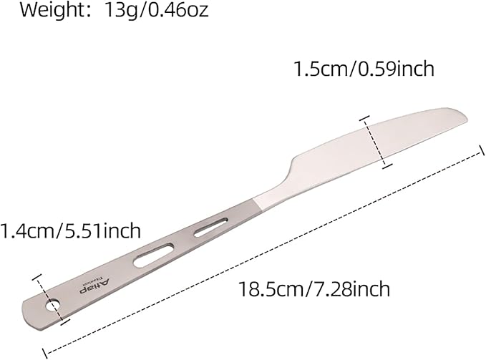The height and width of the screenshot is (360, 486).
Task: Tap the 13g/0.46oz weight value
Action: click(x=157, y=10)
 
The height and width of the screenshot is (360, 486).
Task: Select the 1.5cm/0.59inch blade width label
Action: click(x=364, y=69)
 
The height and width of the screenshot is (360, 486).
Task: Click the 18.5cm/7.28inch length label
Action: click(x=314, y=289)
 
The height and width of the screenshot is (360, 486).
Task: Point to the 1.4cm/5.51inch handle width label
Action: click(x=70, y=230)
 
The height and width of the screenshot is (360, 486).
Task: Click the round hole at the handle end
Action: click(x=53, y=305)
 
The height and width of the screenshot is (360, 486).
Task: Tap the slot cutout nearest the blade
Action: click(x=210, y=227)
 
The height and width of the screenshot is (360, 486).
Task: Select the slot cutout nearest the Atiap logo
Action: click(x=154, y=256)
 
